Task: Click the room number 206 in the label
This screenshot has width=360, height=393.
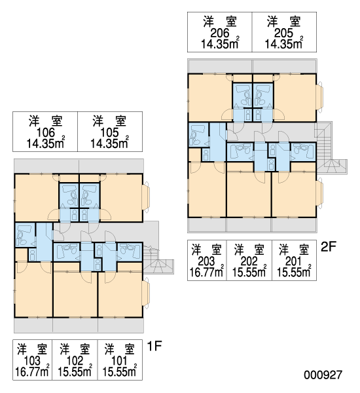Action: pyautogui.click(x=220, y=33)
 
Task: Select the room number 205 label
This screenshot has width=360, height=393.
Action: pyautogui.click(x=283, y=33)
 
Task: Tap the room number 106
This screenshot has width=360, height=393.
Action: pyautogui.click(x=45, y=132)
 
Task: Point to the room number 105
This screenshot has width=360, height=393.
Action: pyautogui.click(x=109, y=132)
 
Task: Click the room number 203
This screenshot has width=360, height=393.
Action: pyautogui.click(x=206, y=261)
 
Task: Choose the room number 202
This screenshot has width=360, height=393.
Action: pyautogui.click(x=249, y=261)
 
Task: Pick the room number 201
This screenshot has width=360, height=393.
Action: pyautogui.click(x=293, y=261)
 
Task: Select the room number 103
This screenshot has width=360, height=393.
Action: pyautogui.click(x=32, y=361)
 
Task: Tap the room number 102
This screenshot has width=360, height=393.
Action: pyautogui.click(x=75, y=361)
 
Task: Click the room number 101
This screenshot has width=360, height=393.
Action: pyautogui.click(x=119, y=361)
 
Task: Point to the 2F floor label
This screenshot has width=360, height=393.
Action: pyautogui.click(x=328, y=247)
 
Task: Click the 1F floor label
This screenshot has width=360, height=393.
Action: pyautogui.click(x=154, y=346)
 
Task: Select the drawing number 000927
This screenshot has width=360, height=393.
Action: pyautogui.click(x=323, y=375)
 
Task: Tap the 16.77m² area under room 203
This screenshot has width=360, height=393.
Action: pyautogui.click(x=207, y=272)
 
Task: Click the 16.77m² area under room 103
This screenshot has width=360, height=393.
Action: pyautogui.click(x=32, y=371)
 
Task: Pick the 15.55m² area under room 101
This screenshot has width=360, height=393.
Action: pyautogui.click(x=120, y=371)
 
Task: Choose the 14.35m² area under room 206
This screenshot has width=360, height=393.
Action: pyautogui.click(x=220, y=44)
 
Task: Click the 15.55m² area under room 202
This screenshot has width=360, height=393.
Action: pyautogui.click(x=249, y=272)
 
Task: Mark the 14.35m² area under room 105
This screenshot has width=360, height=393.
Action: pyautogui.click(x=109, y=143)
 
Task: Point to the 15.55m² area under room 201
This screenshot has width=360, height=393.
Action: pyautogui.click(x=294, y=272)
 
